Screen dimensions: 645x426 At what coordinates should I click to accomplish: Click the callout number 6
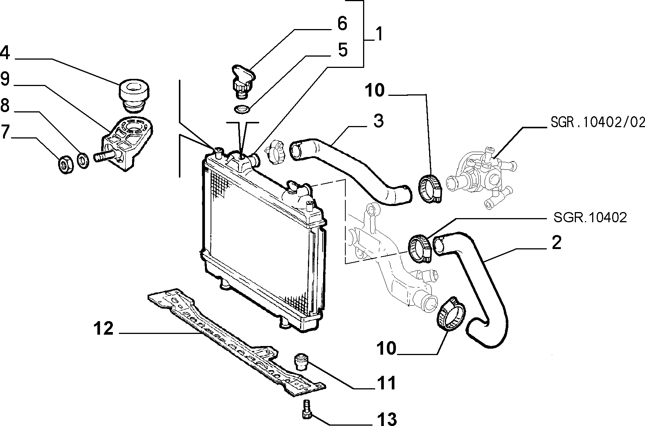(342, 23)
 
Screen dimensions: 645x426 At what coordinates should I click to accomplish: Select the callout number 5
(343, 50)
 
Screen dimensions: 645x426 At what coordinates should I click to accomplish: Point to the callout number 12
(104, 328)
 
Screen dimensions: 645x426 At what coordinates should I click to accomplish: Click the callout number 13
(387, 419)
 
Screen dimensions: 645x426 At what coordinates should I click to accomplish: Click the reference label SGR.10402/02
(597, 123)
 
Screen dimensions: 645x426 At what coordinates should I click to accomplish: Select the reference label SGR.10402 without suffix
(590, 218)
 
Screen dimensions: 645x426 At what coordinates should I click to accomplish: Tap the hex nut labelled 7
(66, 165)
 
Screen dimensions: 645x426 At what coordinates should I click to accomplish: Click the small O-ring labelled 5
(242, 109)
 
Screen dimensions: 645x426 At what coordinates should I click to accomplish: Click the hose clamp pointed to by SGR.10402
(420, 248)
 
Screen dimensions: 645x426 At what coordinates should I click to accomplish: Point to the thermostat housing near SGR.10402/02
(481, 177)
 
